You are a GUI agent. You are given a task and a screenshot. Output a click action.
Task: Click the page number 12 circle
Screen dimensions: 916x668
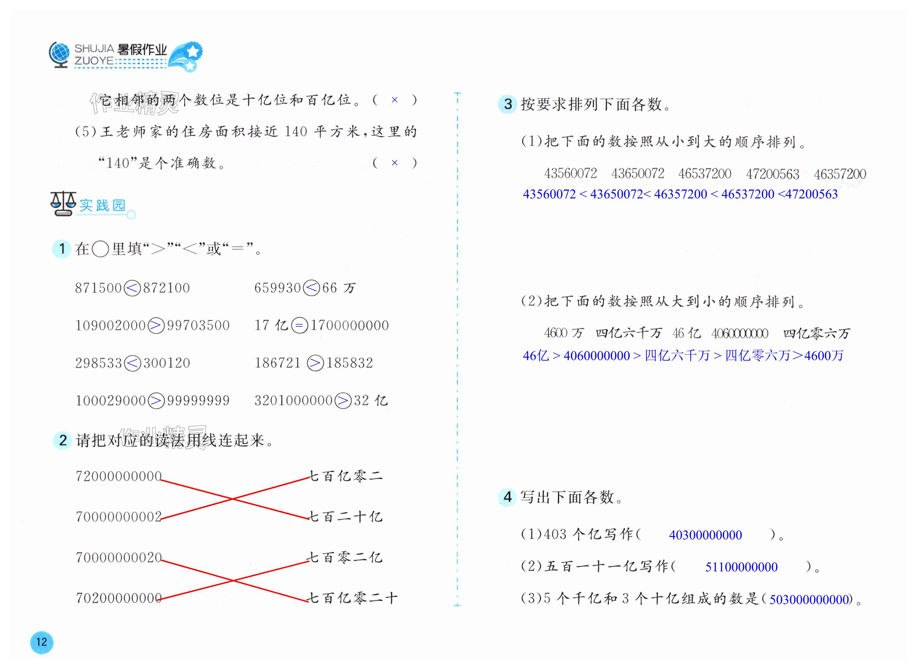(41, 642)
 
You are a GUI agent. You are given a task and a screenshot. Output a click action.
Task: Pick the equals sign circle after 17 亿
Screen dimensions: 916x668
(299, 326)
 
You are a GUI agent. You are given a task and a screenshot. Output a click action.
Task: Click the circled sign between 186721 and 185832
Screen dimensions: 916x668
(315, 363)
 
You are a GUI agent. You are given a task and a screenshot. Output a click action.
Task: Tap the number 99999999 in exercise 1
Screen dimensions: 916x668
(198, 401)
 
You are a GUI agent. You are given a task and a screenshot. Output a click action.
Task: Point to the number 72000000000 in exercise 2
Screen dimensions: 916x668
(118, 476)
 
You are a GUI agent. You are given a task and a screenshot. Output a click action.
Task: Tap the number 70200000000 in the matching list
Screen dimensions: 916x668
(118, 598)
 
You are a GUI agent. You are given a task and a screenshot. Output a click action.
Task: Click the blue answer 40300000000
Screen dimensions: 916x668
(705, 535)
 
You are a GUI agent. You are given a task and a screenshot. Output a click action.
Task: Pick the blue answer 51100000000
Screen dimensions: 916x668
(741, 567)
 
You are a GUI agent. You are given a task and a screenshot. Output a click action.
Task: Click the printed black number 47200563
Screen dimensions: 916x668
(772, 174)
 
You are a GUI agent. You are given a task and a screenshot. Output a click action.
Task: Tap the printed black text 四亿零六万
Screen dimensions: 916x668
(817, 333)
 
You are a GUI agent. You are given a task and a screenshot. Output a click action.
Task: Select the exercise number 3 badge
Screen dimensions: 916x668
(508, 104)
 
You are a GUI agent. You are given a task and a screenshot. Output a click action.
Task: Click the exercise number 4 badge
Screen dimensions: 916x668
(508, 497)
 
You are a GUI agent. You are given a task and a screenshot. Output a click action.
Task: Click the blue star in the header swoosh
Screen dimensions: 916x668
(193, 51)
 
